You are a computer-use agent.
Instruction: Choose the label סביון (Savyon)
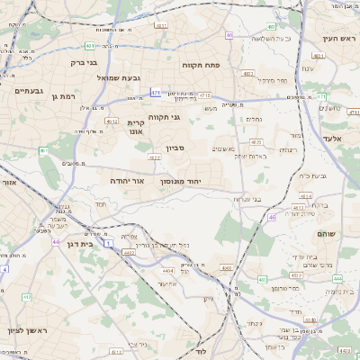[x=175, y=149]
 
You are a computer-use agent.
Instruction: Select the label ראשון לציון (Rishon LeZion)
[x=21, y=331]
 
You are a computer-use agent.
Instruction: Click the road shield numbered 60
[x=229, y=35]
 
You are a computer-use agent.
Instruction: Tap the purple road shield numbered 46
[x=273, y=217]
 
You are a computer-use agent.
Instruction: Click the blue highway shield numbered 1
[x=109, y=244]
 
